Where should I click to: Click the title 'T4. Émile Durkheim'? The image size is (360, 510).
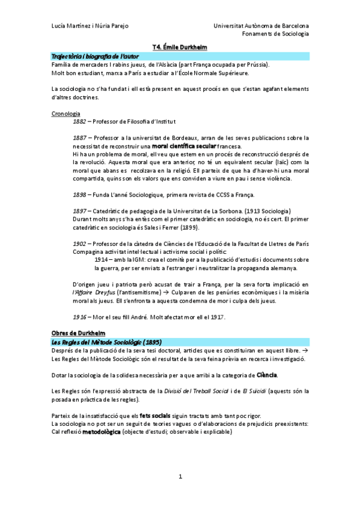pos(180,46)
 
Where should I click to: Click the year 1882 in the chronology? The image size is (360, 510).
pos(79,121)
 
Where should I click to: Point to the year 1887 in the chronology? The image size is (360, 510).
pos(79,138)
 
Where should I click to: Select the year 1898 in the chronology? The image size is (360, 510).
pos(79,194)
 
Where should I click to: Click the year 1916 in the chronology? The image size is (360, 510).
pos(79,316)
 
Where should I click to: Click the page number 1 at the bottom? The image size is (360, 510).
pos(180,477)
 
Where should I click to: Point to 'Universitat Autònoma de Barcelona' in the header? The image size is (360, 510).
pos(261,26)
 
